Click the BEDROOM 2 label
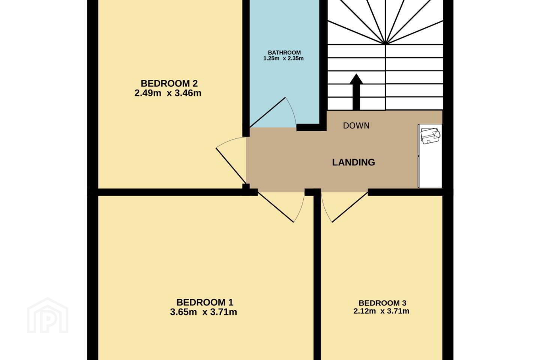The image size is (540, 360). pyautogui.click(x=169, y=83)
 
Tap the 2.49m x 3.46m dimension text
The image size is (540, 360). pyautogui.click(x=168, y=93)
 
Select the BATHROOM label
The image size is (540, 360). pyautogui.click(x=284, y=52)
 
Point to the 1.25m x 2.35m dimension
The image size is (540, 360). pyautogui.click(x=283, y=58)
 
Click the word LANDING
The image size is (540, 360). pyautogui.click(x=354, y=162)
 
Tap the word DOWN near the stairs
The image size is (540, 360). pyautogui.click(x=356, y=126)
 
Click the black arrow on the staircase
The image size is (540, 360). pyautogui.click(x=356, y=92)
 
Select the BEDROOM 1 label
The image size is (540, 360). pyautogui.click(x=205, y=302)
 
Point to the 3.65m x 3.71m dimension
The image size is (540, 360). pyautogui.click(x=204, y=312)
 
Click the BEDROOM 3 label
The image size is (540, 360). pyautogui.click(x=382, y=303)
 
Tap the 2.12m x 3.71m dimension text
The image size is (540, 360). pyautogui.click(x=381, y=311)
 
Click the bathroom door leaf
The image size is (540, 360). pyautogui.click(x=267, y=112)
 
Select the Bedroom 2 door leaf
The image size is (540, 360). pyautogui.click(x=231, y=166)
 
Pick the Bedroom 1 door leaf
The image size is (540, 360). pyautogui.click(x=276, y=207)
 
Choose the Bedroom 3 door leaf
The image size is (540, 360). pyautogui.click(x=350, y=207)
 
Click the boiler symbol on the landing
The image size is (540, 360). pyautogui.click(x=430, y=136)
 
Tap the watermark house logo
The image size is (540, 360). pyautogui.click(x=48, y=315)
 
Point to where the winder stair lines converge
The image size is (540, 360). pyautogui.click(x=385, y=44)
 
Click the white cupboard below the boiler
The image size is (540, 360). pyautogui.click(x=430, y=172)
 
